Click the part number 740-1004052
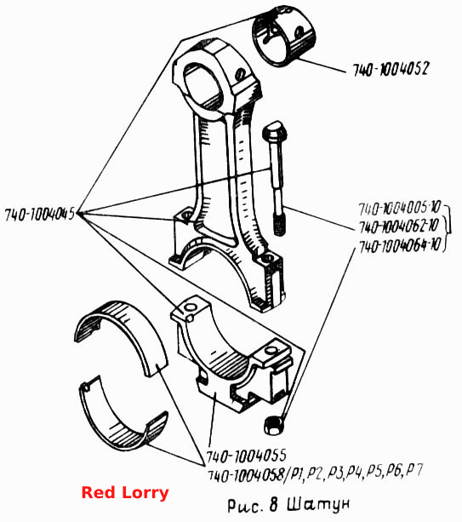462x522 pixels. pos(391,69)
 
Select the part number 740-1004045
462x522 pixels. pos(40,215)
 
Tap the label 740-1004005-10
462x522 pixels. pos(400,208)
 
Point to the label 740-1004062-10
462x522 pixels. pos(399,227)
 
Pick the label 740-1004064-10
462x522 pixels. pos(400,246)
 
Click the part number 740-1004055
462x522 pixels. pos(246,456)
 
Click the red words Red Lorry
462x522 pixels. pos(125,493)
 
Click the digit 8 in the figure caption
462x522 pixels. pos(273,504)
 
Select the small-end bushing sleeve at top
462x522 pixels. pos(283,35)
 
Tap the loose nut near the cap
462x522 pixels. pos(274,426)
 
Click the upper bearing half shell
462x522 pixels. pos(121,336)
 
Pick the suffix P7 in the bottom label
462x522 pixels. pos(415,470)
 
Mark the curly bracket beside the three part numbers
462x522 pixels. pos(448,228)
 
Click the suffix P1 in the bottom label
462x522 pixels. pos(296,473)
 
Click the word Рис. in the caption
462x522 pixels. pos(244,505)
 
